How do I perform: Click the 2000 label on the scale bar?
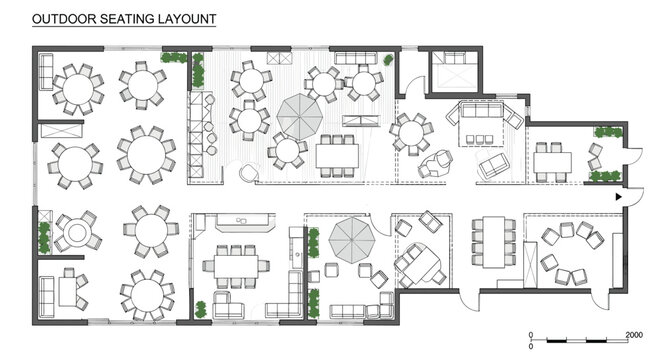[x=632, y=334]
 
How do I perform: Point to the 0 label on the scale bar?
[x=531, y=334]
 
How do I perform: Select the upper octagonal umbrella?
[x=298, y=115]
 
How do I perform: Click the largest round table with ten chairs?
[x=143, y=154]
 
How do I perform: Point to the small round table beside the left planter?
[x=76, y=234]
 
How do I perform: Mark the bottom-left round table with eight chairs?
[x=145, y=293]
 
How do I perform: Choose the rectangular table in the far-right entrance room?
[x=552, y=161]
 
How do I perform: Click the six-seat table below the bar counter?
[x=237, y=268]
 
